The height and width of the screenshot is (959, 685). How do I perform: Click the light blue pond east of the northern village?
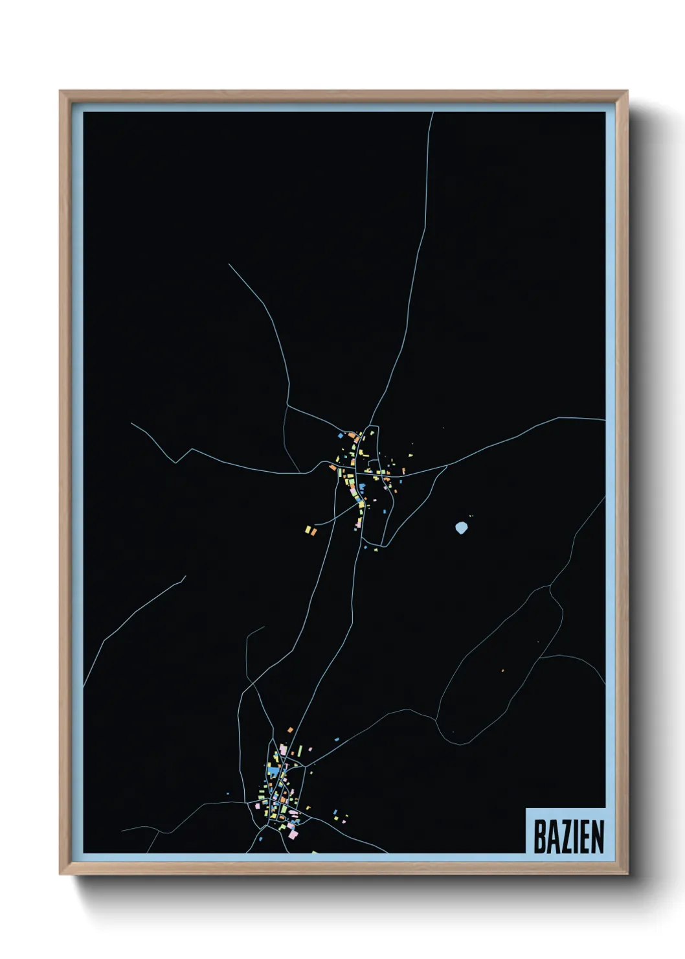tap(461, 528)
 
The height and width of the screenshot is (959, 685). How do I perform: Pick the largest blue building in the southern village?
tap(274, 772)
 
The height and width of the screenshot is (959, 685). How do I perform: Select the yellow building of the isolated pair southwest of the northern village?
tap(308, 531)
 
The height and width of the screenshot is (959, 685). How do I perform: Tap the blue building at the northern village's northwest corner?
tap(339, 436)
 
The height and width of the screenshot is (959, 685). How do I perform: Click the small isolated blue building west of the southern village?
tap(227, 794)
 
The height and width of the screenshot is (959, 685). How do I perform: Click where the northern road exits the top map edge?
tap(432, 113)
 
